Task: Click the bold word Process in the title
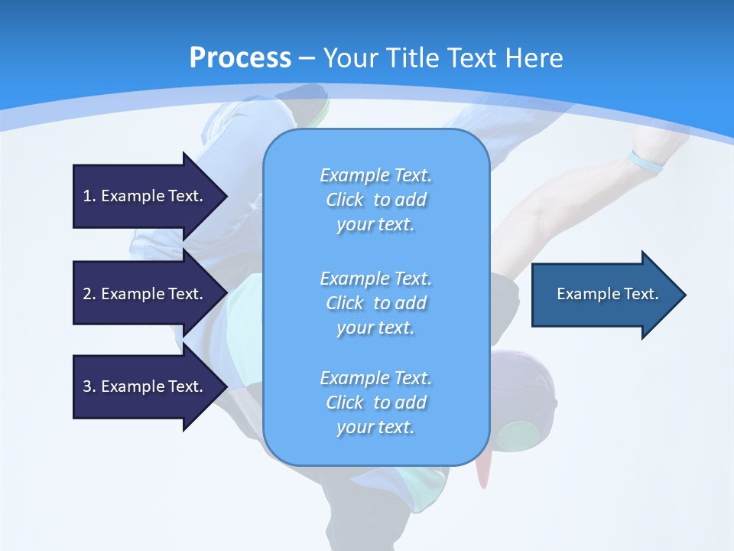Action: coord(240,58)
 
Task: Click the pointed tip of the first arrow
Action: coord(225,196)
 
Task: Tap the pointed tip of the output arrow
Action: coord(684,294)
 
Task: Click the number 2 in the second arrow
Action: coord(86,294)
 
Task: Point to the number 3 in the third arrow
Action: coord(86,386)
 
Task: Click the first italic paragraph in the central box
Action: coord(375,200)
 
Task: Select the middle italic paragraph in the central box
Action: coord(375,303)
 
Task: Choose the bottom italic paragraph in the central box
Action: coord(375,403)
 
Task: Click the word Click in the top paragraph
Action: coord(345,200)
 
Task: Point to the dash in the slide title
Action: coord(307,58)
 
